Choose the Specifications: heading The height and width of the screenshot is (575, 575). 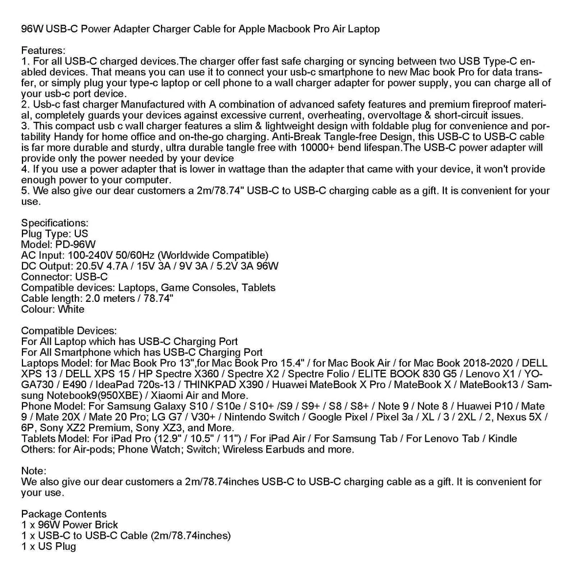point(55,223)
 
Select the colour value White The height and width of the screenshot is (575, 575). point(71,309)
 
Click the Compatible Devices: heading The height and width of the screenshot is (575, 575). point(69,331)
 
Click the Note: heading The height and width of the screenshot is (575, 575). point(33,471)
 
